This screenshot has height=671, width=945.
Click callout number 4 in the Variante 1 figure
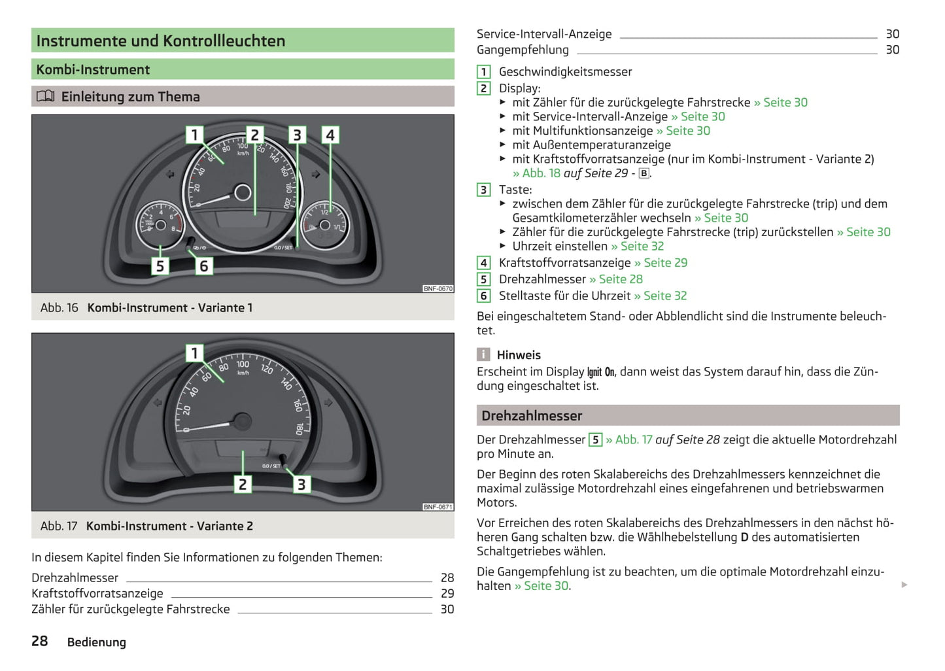330,135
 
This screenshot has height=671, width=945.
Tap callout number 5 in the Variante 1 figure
160,266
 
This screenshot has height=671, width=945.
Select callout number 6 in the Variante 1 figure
203,266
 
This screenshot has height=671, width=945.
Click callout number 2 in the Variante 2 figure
243,485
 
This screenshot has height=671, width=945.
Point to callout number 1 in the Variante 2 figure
194,353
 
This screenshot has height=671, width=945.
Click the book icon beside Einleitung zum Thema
45,97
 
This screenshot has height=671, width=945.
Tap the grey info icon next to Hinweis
483,354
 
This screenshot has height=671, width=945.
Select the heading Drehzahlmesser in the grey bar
532,416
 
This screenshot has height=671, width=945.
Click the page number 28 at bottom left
40,641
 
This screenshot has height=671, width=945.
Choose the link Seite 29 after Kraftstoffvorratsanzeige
665,263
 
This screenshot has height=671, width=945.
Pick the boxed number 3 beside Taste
484,190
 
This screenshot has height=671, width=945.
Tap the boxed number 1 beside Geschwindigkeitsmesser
484,72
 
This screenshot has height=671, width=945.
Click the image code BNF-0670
438,288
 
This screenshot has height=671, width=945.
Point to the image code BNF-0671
438,507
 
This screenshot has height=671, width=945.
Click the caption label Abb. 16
59,308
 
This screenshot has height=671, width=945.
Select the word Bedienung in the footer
97,642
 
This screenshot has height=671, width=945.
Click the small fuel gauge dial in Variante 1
325,226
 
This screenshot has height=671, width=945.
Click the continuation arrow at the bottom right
904,585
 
